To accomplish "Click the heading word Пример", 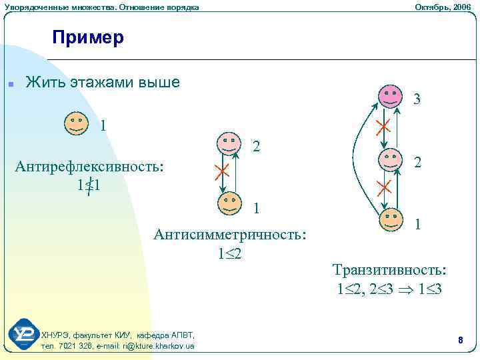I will (88, 38).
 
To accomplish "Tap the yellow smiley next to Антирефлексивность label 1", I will (77, 123).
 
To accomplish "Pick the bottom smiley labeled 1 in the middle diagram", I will (229, 202).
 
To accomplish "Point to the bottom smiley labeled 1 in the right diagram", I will (391, 219).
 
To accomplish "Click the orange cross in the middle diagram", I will (221, 171).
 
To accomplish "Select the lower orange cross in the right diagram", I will (383, 187).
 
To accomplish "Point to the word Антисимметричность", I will (230, 235).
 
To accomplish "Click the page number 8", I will (460, 341).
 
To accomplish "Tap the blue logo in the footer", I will (24, 334).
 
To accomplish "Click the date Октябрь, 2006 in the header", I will (442, 7).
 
